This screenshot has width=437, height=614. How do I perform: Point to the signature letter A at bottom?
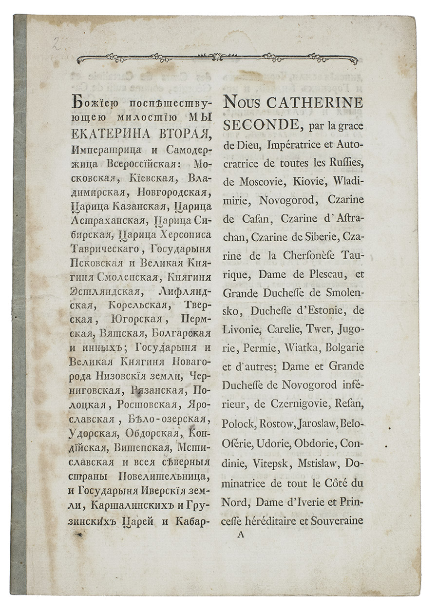tap(239, 534)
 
